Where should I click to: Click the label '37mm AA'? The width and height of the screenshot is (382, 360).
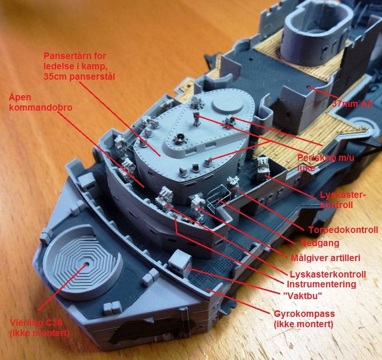353,104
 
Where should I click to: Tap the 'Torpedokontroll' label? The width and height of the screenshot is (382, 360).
343,230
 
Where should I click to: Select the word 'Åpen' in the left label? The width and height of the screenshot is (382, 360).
20,97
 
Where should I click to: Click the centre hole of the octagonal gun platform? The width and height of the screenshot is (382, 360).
87,264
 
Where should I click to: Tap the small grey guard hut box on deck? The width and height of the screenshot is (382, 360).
180,261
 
